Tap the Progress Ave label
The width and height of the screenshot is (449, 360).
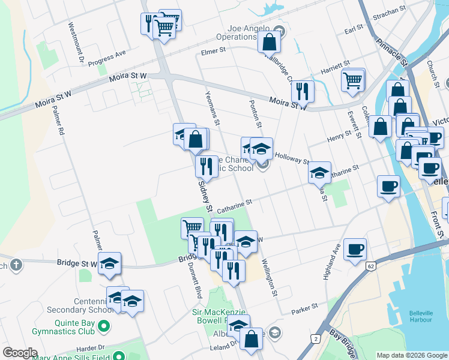click(x=106, y=58)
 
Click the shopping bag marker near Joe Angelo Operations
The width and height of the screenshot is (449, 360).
click(x=270, y=42)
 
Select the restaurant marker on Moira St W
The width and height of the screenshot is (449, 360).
click(x=303, y=91)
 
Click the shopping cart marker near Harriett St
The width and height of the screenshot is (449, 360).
click(x=353, y=80)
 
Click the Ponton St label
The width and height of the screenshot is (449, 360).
click(x=256, y=113)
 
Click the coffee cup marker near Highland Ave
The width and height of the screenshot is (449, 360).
click(x=355, y=248)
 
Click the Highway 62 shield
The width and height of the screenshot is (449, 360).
click(x=371, y=265)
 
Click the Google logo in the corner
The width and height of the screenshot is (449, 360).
click(x=20, y=353)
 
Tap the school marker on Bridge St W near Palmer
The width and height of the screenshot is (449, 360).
click(x=110, y=264)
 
